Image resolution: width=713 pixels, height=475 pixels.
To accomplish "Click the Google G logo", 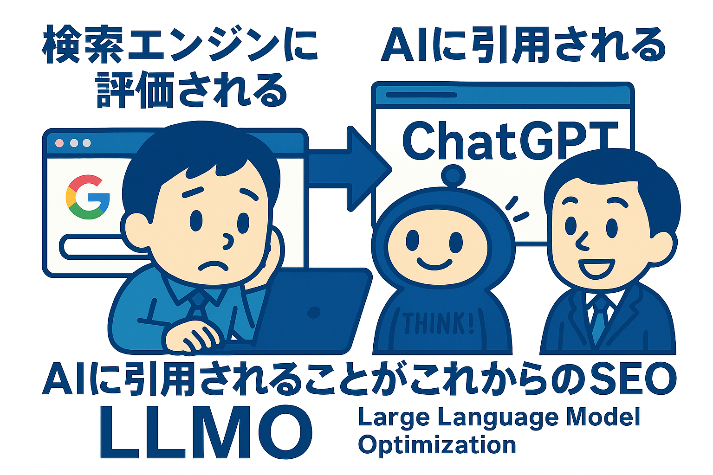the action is coord(88,197).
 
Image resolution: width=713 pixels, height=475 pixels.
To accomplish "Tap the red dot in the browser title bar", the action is coord(59,143).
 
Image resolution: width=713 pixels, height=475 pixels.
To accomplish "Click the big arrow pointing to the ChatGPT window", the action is coord(350,169).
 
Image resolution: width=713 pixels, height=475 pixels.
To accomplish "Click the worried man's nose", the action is coord(227,241).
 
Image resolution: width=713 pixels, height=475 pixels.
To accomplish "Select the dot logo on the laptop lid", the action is coord(314,312).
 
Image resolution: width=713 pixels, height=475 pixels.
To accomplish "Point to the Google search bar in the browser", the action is coord(105,247).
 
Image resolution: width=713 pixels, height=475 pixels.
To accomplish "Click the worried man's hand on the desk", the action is coord(191,337).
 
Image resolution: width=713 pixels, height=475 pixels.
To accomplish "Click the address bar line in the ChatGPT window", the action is coord(421,95).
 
